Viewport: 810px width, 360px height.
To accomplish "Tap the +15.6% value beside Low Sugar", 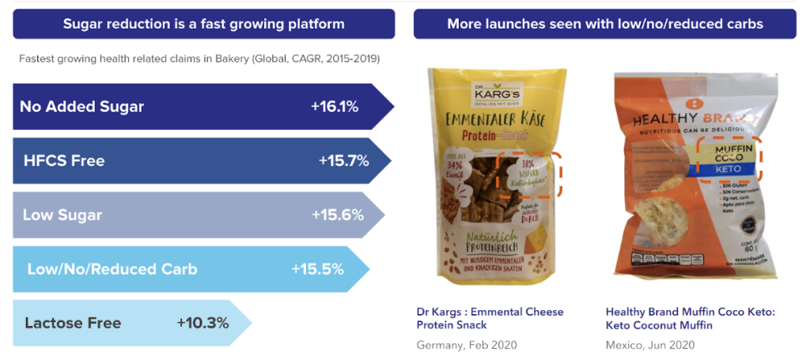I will click(338, 215).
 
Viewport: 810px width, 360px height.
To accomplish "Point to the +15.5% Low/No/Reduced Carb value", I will click(317, 269).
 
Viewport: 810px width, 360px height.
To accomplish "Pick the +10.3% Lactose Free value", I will click(202, 323).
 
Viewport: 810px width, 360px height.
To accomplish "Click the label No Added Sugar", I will click(81, 106).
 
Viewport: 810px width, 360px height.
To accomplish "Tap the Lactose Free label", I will click(73, 323).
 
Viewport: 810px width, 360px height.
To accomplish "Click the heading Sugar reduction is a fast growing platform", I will click(203, 24).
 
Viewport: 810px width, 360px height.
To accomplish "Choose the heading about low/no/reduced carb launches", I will click(604, 24).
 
